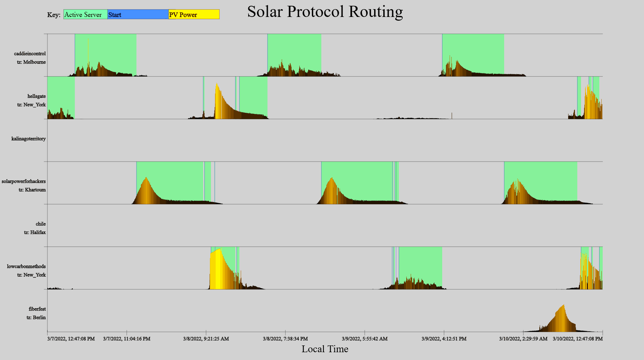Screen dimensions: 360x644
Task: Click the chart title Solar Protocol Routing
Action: (x=325, y=12)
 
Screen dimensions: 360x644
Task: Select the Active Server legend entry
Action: (x=85, y=15)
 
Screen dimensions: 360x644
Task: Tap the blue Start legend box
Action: (x=138, y=15)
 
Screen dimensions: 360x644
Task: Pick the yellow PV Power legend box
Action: (x=194, y=15)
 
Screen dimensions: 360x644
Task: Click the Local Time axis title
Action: (x=325, y=349)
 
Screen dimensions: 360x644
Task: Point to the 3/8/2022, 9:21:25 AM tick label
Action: (x=206, y=339)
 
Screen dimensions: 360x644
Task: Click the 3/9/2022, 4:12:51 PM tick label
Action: (x=444, y=339)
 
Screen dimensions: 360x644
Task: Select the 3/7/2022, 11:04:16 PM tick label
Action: (x=127, y=339)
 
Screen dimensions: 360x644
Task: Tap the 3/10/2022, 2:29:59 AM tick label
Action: (x=523, y=339)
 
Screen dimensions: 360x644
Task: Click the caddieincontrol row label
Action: (x=30, y=54)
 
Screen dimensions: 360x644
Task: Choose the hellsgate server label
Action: (x=37, y=96)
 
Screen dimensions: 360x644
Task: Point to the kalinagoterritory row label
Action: (x=28, y=139)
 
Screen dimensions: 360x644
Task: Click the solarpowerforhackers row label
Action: (x=24, y=181)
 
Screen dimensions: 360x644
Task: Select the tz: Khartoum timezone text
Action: (x=32, y=190)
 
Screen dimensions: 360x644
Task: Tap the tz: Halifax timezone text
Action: (x=35, y=232)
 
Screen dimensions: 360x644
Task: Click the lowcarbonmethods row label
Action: (x=26, y=266)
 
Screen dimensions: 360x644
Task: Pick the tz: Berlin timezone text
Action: (x=36, y=317)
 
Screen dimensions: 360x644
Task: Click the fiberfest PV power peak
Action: (x=563, y=306)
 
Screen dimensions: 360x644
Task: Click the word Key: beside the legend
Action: (x=54, y=15)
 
